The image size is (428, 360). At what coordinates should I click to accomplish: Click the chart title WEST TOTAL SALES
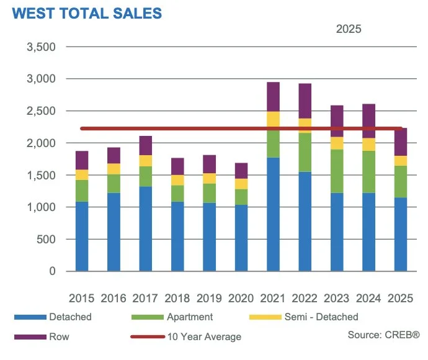coord(86,14)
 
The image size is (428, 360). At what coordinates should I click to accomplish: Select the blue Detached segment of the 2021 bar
coord(273,214)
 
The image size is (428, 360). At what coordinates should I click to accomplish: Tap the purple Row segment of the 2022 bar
coord(305,101)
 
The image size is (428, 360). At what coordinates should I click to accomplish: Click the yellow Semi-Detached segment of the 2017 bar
coord(145,161)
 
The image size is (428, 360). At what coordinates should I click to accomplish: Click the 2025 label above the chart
coord(349,29)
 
